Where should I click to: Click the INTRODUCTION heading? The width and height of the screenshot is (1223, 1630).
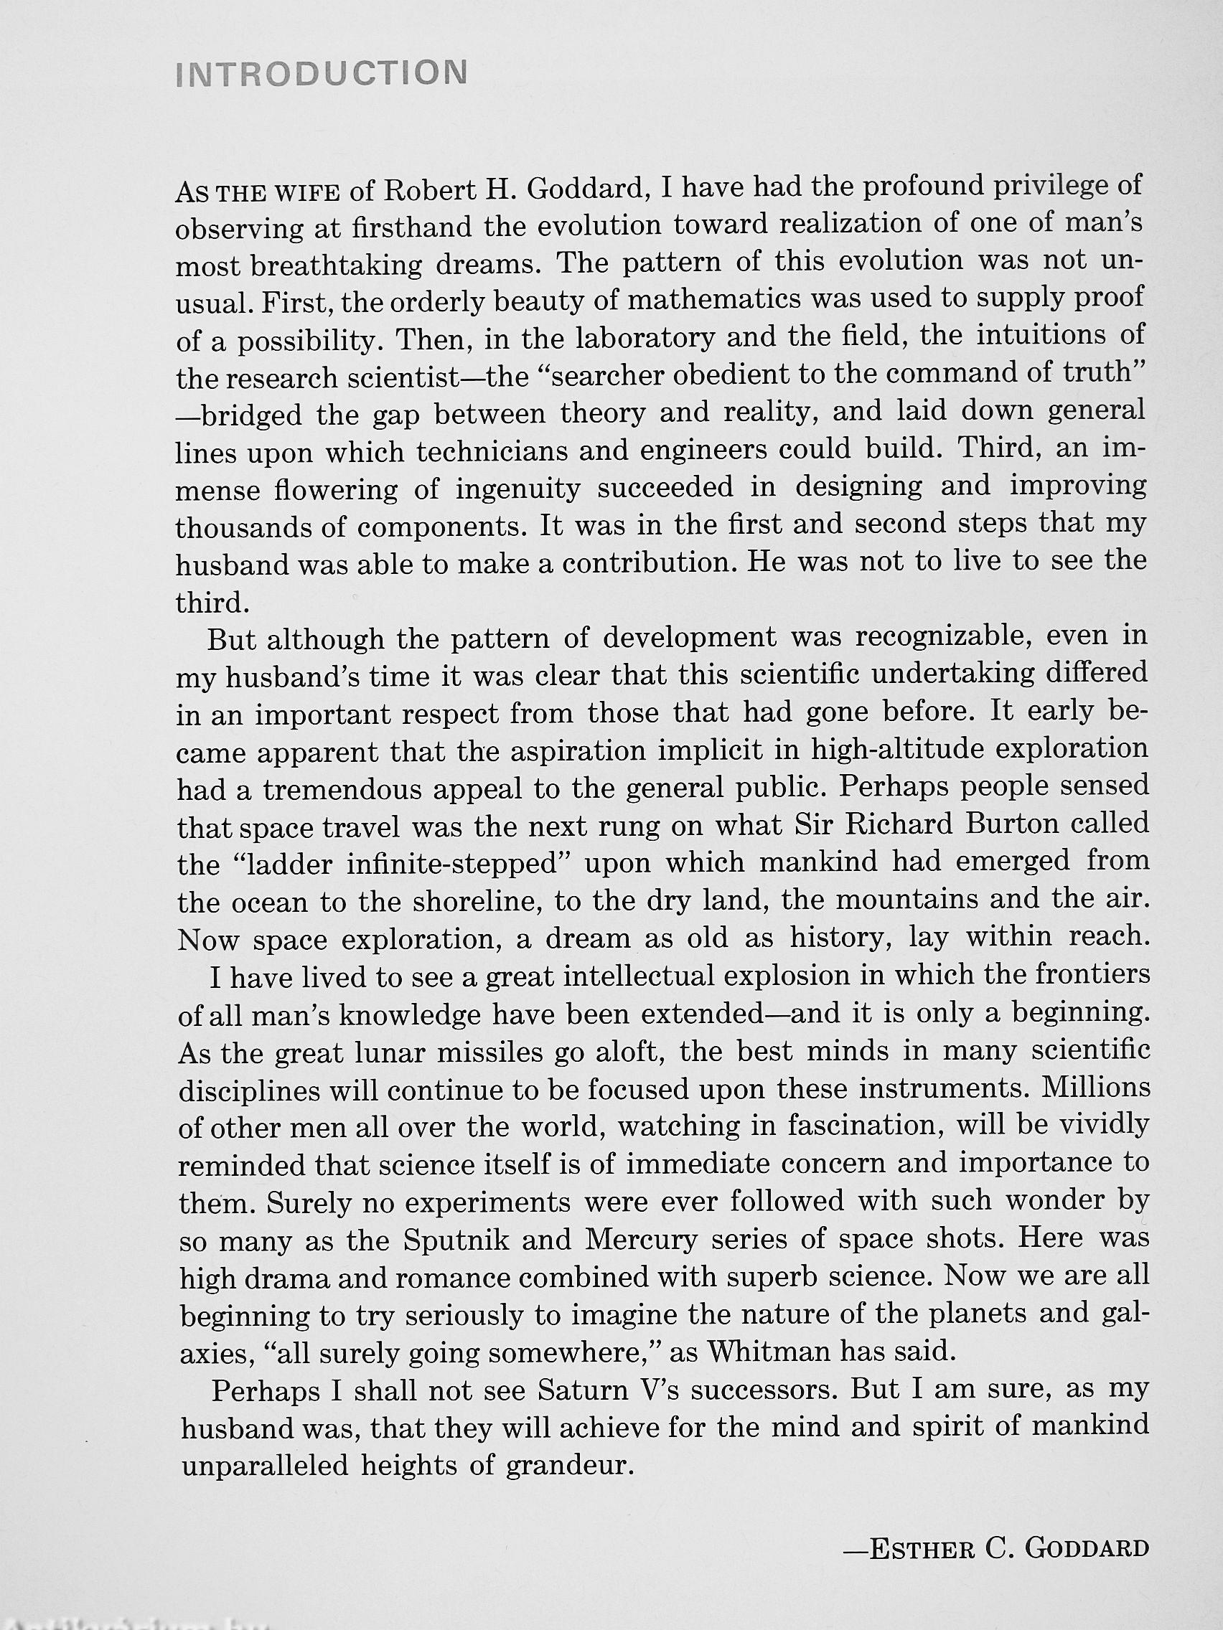click(322, 75)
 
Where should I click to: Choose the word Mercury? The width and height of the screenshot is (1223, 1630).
click(641, 1240)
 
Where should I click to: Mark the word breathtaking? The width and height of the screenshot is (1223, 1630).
click(336, 265)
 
